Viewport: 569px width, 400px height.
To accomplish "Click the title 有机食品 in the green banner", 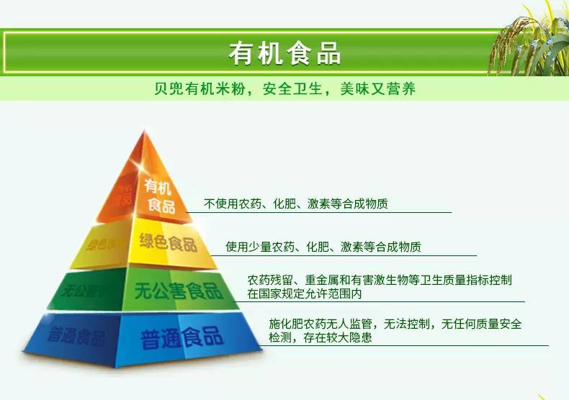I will click(284, 53).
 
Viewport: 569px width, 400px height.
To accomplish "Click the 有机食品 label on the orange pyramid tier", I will click(159, 196).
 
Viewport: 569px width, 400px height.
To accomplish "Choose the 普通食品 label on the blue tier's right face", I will click(183, 336).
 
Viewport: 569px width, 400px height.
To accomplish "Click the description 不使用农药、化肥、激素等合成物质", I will click(295, 204).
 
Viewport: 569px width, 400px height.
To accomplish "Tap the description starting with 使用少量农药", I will click(323, 247).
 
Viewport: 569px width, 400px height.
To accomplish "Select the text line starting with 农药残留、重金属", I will click(380, 280).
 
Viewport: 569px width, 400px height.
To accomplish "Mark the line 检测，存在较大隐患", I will click(310, 337).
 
